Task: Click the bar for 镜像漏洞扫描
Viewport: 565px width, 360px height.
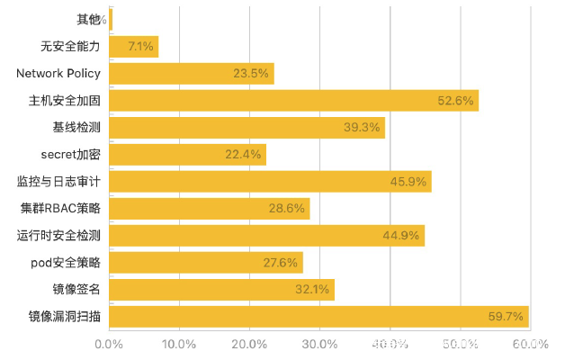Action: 318,317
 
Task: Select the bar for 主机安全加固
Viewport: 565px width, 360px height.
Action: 293,100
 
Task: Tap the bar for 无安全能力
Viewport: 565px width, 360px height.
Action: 133,46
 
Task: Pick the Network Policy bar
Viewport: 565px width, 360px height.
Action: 191,73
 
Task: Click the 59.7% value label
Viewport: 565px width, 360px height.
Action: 505,317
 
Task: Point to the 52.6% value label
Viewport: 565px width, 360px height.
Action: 455,100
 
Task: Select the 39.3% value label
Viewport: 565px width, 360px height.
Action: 362,127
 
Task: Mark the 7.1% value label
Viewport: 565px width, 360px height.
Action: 142,46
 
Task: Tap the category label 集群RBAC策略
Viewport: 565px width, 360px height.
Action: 60,209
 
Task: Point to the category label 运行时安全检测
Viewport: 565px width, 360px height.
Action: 58,236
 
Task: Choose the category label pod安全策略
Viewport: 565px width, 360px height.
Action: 65,263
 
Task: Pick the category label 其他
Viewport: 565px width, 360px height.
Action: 88,19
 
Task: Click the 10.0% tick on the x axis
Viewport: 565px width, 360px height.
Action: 179,344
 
